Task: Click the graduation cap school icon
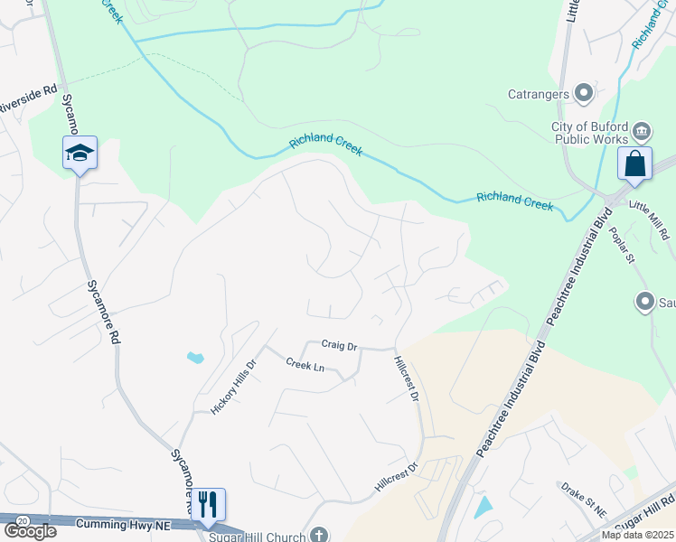[80, 154]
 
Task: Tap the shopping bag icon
[634, 164]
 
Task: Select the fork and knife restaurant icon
[208, 504]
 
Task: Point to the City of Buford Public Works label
[590, 134]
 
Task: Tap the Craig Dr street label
[340, 345]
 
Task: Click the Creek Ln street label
[305, 365]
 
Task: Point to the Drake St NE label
[584, 499]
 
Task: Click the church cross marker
[317, 535]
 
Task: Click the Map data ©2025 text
[638, 535]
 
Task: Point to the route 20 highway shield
[22, 520]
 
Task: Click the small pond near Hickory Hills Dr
[195, 358]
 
